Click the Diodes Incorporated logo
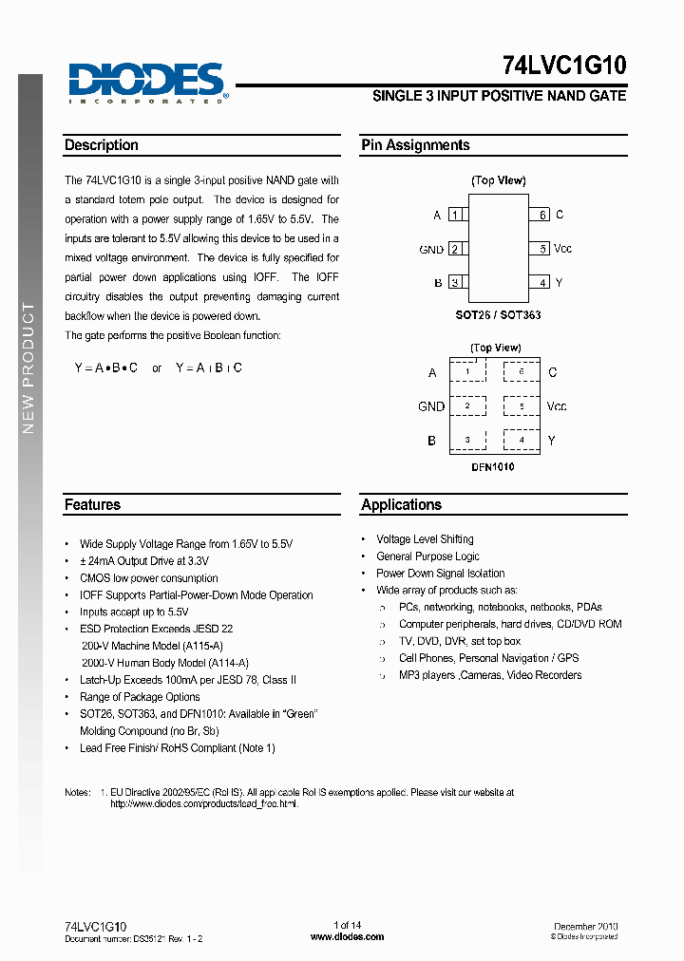pos(146,82)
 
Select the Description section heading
pos(102,145)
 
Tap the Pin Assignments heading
pos(415,145)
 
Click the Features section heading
pos(92,505)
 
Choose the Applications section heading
pos(401,505)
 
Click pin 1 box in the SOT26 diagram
pos(455,216)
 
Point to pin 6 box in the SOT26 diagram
pos(542,216)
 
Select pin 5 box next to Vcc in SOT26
pos(542,249)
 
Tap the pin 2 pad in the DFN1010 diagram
pos(467,406)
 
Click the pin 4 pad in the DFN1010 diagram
pos(522,440)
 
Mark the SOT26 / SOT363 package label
pos(499,314)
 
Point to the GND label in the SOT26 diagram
pos(431,250)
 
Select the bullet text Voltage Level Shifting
pos(425,539)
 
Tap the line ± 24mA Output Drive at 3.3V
pos(144,561)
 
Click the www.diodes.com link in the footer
pos(347,936)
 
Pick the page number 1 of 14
pos(347,926)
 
